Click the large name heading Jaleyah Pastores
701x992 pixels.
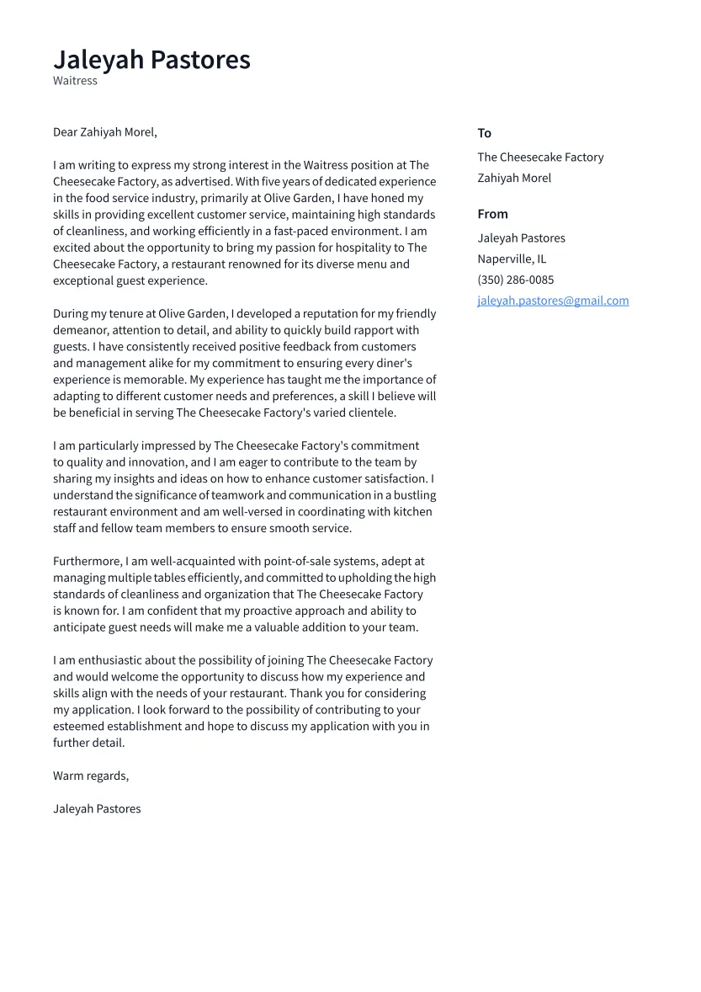point(151,60)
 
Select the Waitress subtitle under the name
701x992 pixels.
point(75,81)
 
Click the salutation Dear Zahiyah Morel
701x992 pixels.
point(104,132)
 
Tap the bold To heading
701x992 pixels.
point(484,133)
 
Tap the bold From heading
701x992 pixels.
point(492,214)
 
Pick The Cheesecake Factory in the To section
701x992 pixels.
point(540,157)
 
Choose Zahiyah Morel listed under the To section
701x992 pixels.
point(514,178)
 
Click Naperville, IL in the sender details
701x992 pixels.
point(512,259)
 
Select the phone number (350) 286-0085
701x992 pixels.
point(515,280)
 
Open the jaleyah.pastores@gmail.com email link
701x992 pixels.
point(553,301)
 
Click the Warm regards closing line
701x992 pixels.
point(91,776)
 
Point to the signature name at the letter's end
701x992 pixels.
point(97,808)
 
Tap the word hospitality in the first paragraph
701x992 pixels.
point(361,248)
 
